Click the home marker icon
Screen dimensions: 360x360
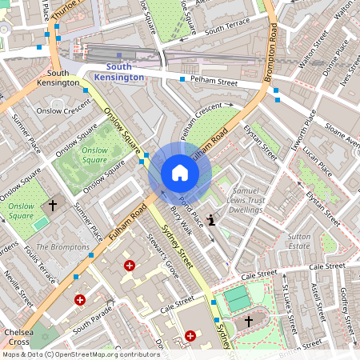[x=180, y=173]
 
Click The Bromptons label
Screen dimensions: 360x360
[x=63, y=247]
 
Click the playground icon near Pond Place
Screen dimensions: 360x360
[x=211, y=220]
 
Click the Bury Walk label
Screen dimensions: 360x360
[x=182, y=219]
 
